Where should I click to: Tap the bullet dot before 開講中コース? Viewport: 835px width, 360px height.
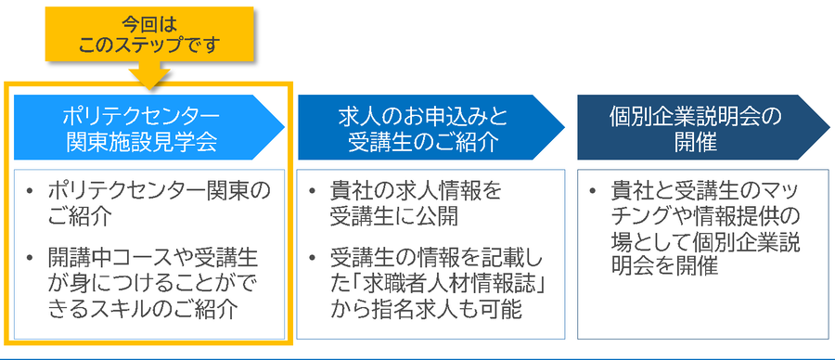click(x=34, y=256)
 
